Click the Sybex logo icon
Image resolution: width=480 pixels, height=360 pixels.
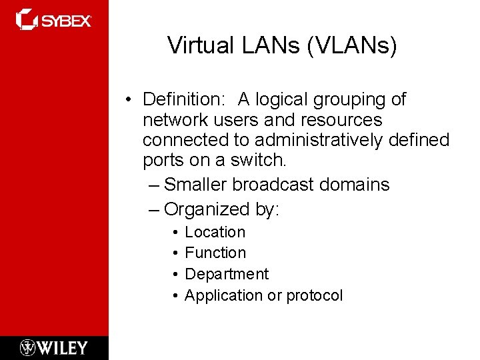tap(26, 19)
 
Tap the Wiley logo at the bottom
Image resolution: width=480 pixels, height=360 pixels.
tap(54, 347)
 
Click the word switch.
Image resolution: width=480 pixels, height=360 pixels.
tap(261, 161)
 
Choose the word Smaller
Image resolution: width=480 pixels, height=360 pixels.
tap(198, 184)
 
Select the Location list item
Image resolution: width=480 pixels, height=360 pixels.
tap(215, 232)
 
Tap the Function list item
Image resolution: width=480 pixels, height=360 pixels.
tap(215, 253)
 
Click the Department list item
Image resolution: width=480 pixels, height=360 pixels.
tap(227, 274)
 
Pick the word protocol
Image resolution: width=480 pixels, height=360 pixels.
tap(314, 295)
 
